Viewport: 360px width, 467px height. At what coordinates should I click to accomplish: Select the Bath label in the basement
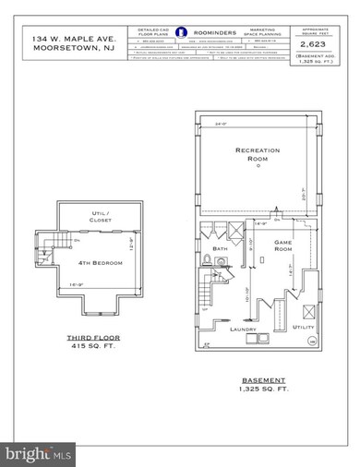pyautogui.click(x=220, y=247)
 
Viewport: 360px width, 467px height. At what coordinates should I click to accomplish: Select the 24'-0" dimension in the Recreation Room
pyautogui.click(x=222, y=123)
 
